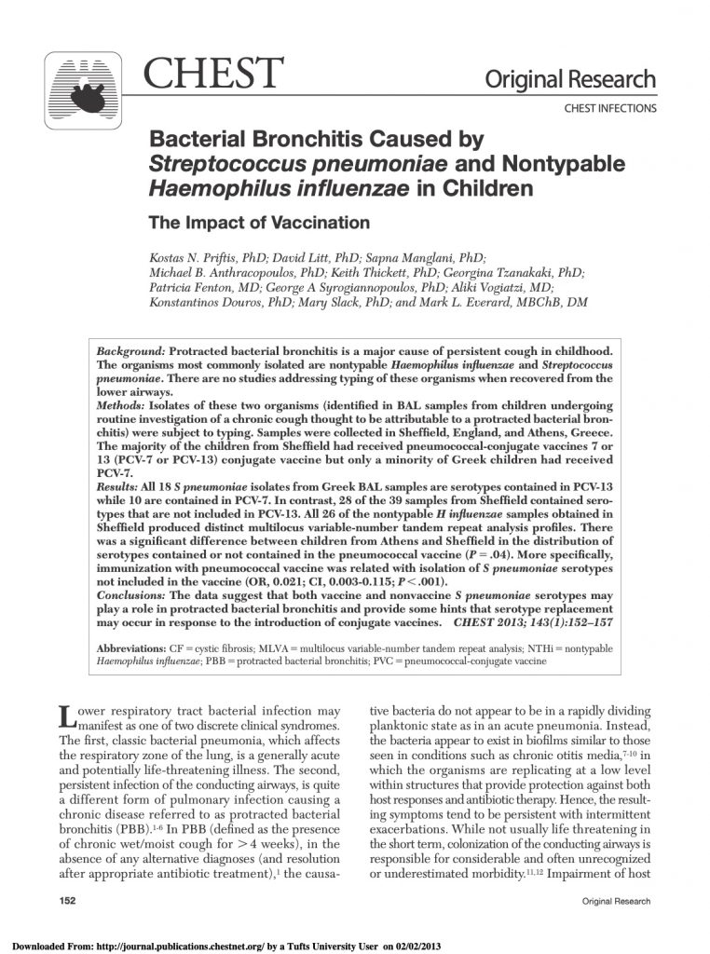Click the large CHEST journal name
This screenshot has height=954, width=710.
pyautogui.click(x=213, y=74)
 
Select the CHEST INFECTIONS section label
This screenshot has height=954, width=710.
pyautogui.click(x=610, y=109)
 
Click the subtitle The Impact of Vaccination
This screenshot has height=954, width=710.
pyautogui.click(x=260, y=223)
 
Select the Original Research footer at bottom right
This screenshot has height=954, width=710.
pyautogui.click(x=615, y=902)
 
